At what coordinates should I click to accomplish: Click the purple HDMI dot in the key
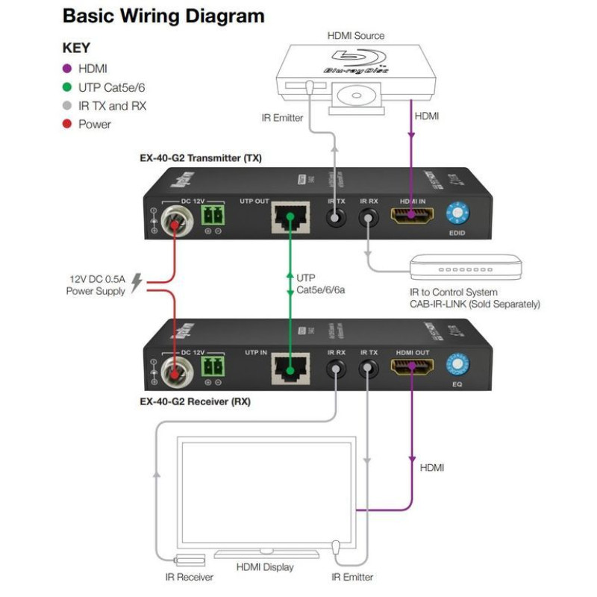tap(66, 69)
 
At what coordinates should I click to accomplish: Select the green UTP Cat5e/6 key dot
tap(66, 87)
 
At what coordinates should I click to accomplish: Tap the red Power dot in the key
tap(66, 124)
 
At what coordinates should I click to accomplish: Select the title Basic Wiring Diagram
tap(163, 16)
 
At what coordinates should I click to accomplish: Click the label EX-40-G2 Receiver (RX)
tap(196, 401)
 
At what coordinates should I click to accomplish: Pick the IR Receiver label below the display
tap(190, 577)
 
